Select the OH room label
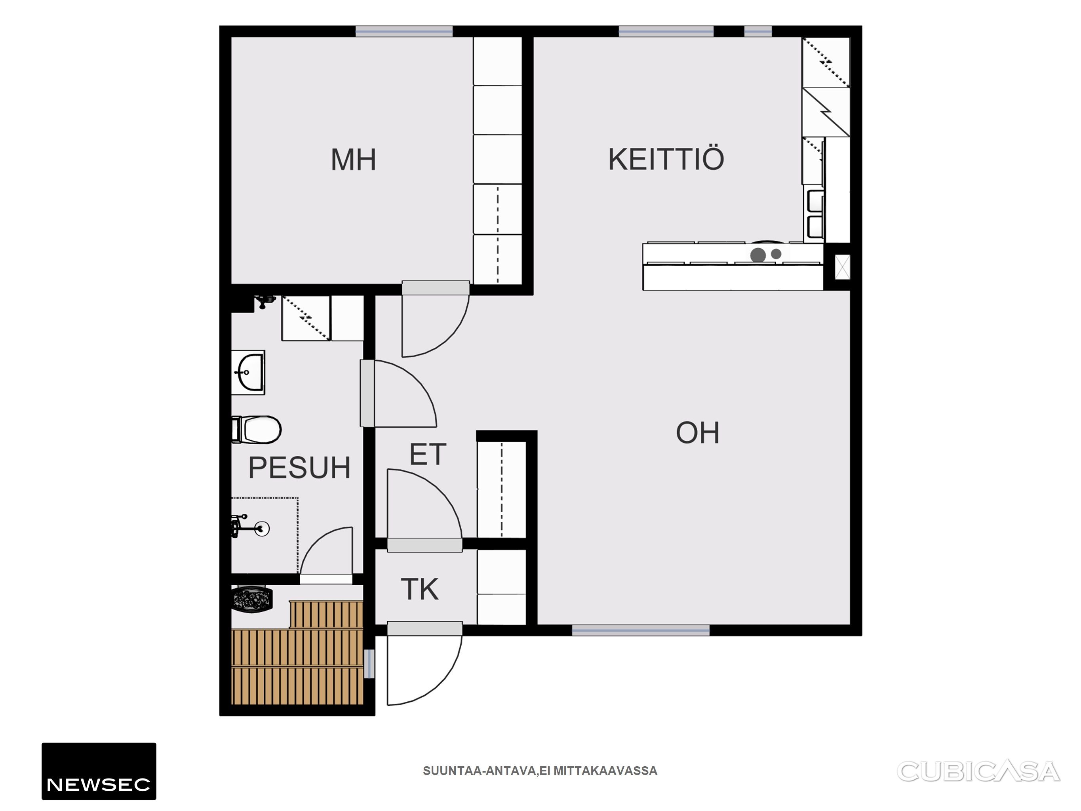pos(697,433)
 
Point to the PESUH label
pos(300,467)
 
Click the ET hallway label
pos(428,454)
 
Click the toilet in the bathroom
pos(257,429)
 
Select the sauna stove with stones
pos(252,599)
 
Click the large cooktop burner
pos(758,255)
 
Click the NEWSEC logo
pos(99,771)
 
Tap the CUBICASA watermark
pos(978,771)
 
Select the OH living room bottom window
pos(641,630)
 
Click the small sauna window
pos(369,663)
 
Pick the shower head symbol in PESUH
pos(263,528)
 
